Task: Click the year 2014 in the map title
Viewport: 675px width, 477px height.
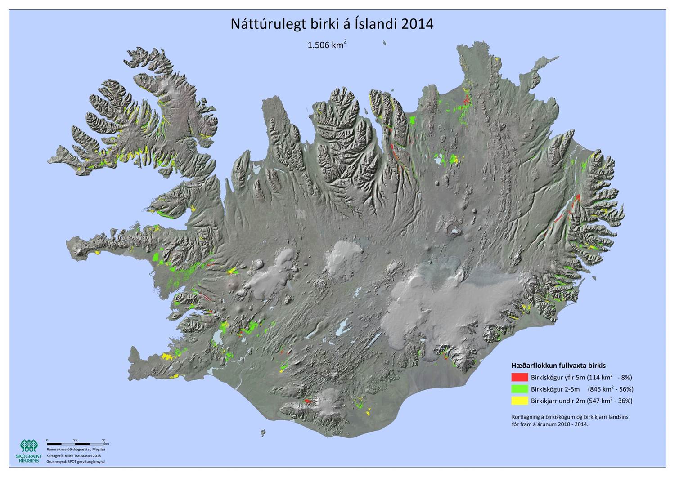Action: [x=417, y=24]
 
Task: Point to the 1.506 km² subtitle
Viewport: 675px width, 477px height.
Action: [x=327, y=45]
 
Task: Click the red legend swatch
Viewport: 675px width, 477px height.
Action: [x=520, y=377]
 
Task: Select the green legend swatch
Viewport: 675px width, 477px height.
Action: [x=520, y=389]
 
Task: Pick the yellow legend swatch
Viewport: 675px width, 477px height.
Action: [x=520, y=401]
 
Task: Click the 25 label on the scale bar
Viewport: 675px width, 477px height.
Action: [x=75, y=440]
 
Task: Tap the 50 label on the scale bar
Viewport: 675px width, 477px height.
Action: [x=103, y=440]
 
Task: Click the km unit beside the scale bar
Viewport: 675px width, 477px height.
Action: [x=107, y=444]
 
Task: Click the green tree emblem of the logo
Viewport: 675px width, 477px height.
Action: [x=30, y=446]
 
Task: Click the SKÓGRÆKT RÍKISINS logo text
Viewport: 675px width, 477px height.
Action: [x=30, y=458]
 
